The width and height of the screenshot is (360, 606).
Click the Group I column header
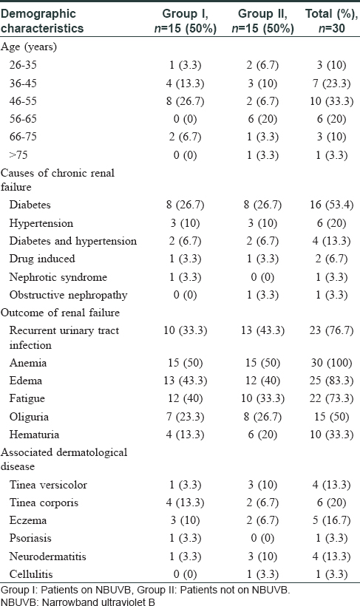coord(186,21)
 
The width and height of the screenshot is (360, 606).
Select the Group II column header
coord(262,21)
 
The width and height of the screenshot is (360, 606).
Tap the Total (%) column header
coord(331,21)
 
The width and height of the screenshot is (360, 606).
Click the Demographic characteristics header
coord(42,21)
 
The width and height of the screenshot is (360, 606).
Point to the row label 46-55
coord(23,101)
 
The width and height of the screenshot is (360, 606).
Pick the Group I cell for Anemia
coord(186,363)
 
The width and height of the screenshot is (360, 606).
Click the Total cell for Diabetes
coord(331,205)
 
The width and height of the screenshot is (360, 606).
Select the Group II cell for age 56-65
coord(262,119)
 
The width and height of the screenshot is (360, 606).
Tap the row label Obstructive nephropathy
coord(69,296)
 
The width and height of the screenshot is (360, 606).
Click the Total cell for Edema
coord(331,381)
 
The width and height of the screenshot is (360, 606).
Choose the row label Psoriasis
coord(30,538)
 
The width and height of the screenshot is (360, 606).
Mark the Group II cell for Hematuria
coord(262,435)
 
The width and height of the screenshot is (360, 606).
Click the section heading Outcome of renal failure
coord(61,313)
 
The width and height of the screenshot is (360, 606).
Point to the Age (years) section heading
coord(29,47)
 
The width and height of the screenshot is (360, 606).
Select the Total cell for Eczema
coord(331,520)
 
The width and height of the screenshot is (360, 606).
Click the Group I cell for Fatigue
coord(186,398)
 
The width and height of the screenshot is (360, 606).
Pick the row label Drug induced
coord(42,259)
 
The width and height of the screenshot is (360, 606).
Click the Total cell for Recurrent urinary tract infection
coord(331,331)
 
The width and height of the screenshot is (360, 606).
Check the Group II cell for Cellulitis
coord(262,574)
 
